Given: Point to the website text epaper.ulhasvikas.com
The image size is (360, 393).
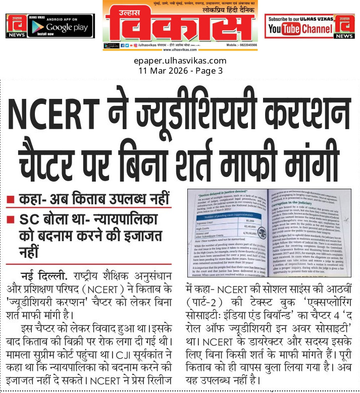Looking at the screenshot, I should click(x=180, y=61).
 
